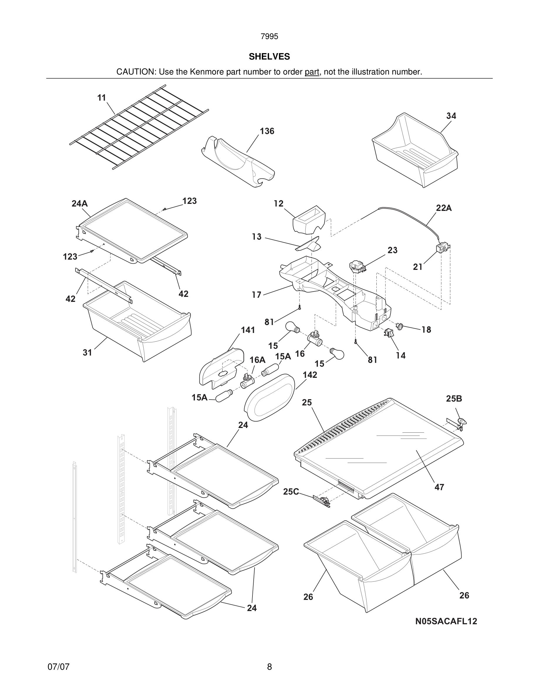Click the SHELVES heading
[x=269, y=57]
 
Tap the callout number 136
[x=267, y=131]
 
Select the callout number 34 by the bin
[x=451, y=116]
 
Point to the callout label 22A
[x=444, y=208]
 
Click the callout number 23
[x=393, y=250]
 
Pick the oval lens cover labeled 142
[x=269, y=397]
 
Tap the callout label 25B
[x=454, y=399]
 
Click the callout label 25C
[x=291, y=492]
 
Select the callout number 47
[x=439, y=487]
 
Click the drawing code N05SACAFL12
[x=446, y=621]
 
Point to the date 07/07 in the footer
[x=58, y=667]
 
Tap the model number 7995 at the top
[x=269, y=37]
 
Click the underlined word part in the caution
[x=312, y=72]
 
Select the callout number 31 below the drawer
[x=87, y=353]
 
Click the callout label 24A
[x=80, y=204]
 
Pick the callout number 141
[x=248, y=330]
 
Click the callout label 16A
[x=257, y=360]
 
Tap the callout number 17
[x=256, y=295]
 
